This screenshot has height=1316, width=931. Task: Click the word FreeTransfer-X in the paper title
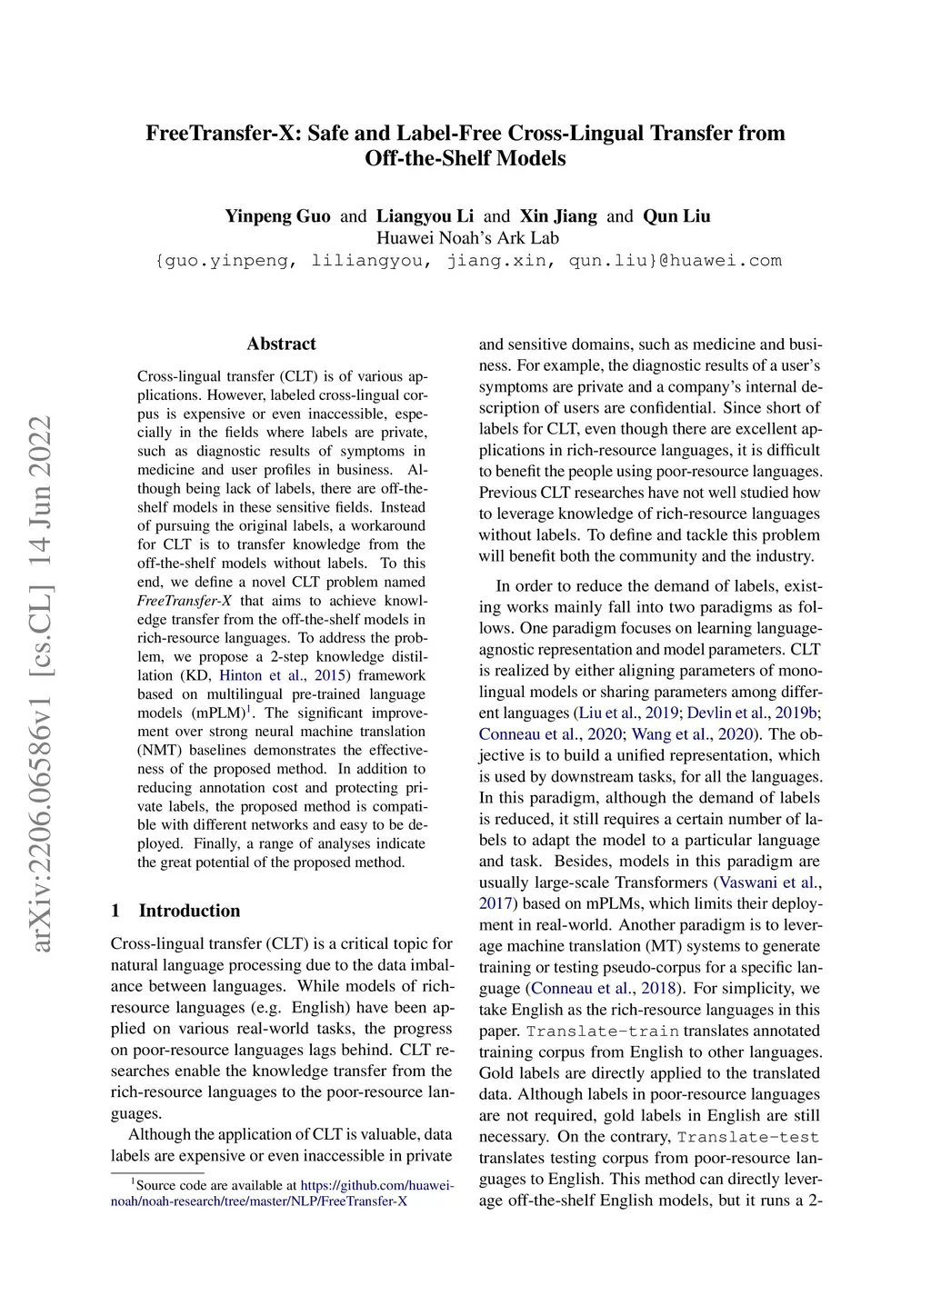click(222, 134)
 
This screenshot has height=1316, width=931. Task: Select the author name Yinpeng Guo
click(277, 216)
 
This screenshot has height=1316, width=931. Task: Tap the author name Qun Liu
click(676, 216)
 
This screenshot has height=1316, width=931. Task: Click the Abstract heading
click(281, 344)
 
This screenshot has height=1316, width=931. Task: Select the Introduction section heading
click(189, 911)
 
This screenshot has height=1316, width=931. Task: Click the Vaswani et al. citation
click(769, 882)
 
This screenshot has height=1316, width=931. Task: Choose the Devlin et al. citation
click(726, 713)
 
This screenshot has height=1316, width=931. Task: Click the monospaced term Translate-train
click(602, 1032)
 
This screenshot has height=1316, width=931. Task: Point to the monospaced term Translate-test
click(747, 1137)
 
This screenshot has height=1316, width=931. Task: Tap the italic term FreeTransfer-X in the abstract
click(185, 601)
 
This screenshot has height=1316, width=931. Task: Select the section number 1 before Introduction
click(115, 911)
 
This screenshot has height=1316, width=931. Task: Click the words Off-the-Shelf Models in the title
click(465, 159)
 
